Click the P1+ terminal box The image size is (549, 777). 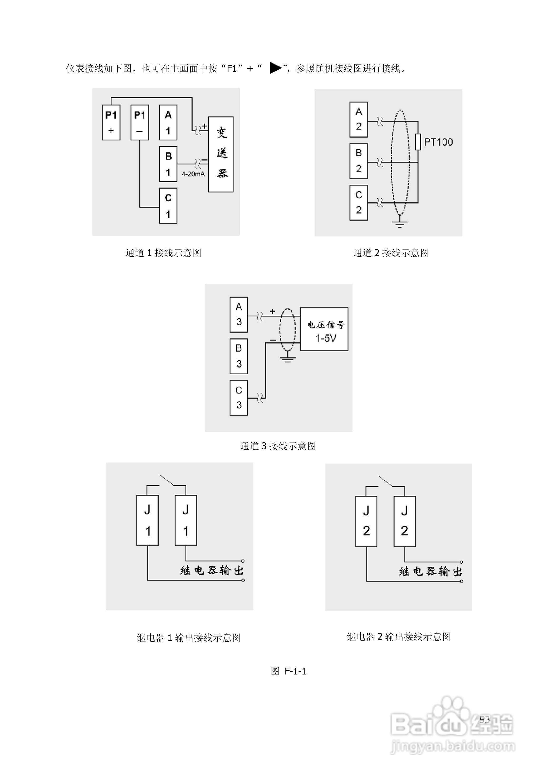click(111, 123)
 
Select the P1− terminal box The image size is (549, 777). click(139, 123)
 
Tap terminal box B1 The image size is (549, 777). click(168, 164)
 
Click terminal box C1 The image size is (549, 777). click(168, 206)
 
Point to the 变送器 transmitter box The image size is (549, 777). click(220, 154)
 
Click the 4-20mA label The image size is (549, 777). click(193, 174)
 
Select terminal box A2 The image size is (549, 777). click(359, 119)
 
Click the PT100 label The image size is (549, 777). click(438, 142)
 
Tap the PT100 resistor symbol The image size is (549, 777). click(418, 142)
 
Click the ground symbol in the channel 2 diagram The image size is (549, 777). click(400, 223)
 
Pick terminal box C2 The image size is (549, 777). click(359, 203)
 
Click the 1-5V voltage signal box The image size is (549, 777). click(324, 329)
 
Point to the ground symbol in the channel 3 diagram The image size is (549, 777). click(287, 358)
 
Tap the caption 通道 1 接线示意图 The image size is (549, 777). click(163, 253)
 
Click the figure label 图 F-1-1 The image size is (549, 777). click(288, 671)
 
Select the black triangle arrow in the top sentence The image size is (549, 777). click(275, 68)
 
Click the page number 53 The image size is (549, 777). click(484, 720)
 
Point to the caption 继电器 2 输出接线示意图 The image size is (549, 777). click(399, 637)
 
